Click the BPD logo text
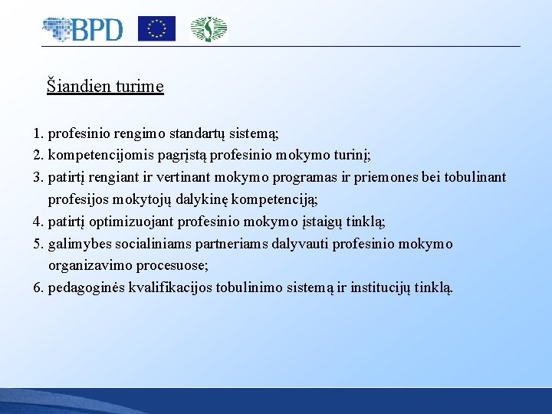(97, 30)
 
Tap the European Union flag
(156, 29)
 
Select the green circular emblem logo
(209, 29)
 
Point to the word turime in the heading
(140, 86)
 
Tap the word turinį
(351, 155)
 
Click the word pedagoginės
(86, 288)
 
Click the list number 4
(38, 222)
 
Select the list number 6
(38, 288)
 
